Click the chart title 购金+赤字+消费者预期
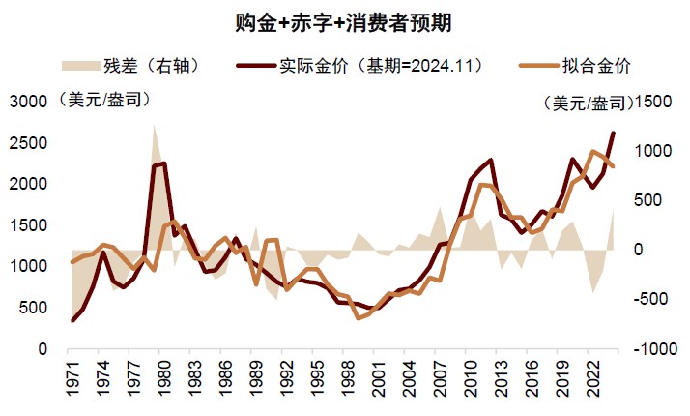344,20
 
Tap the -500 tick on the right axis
648,299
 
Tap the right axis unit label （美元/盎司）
580,103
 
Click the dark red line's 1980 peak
162,163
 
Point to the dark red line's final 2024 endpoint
613,133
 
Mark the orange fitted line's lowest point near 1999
359,316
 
